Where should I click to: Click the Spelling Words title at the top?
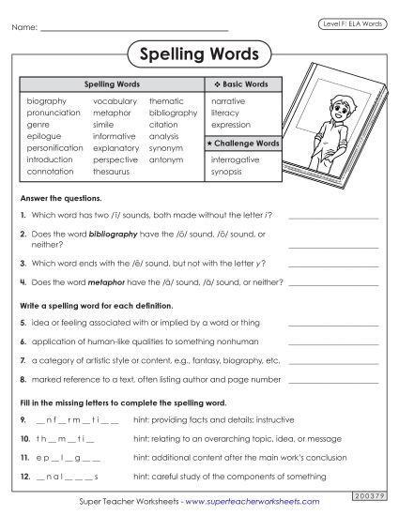pos(199,54)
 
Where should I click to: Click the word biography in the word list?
pos(46,99)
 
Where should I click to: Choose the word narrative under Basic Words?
pos(230,99)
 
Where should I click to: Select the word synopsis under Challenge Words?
pos(228,172)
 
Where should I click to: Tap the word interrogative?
pos(236,159)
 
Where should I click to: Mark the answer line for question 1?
pos(333,218)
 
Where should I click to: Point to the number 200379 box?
pos(365,493)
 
